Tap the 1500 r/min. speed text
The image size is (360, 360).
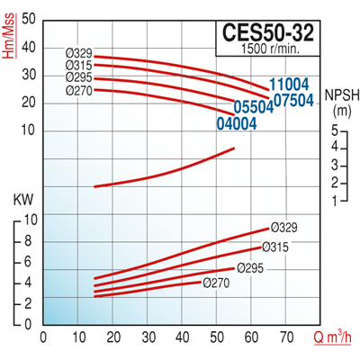pyautogui.click(x=273, y=49)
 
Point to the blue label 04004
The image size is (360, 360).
pyautogui.click(x=237, y=122)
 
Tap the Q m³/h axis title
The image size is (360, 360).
pyautogui.click(x=332, y=338)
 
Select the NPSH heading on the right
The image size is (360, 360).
pyautogui.click(x=339, y=94)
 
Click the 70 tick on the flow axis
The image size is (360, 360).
pyautogui.click(x=287, y=338)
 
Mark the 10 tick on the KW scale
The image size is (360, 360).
pyautogui.click(x=28, y=220)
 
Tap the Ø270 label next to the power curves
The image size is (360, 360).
pyautogui.click(x=218, y=282)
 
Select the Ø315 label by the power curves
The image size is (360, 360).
pyautogui.click(x=275, y=247)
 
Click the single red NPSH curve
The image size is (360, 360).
pyautogui.click(x=162, y=171)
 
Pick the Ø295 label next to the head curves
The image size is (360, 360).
pyautogui.click(x=78, y=77)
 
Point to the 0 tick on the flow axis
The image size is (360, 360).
pyautogui.click(x=43, y=338)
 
